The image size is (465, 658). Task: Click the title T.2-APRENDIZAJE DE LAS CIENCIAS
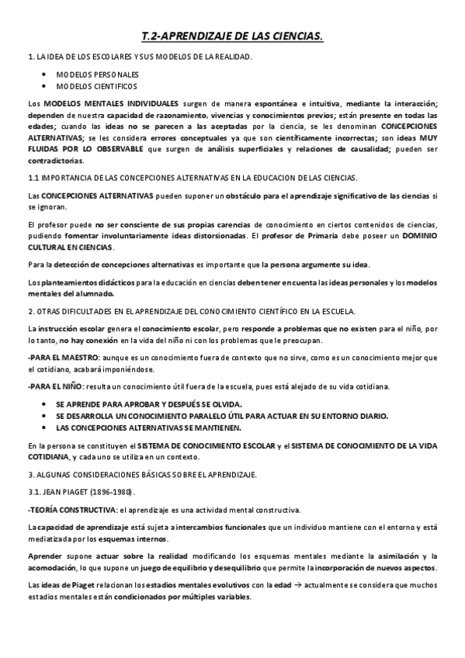232,36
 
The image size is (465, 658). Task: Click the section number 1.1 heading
33,178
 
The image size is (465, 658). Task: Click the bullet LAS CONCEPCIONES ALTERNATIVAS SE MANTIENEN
149,428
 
